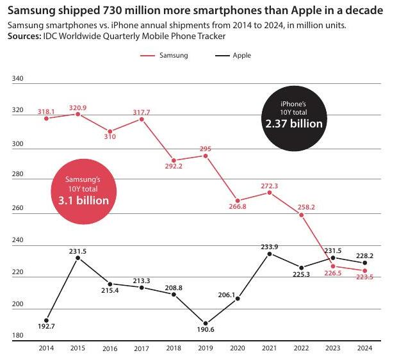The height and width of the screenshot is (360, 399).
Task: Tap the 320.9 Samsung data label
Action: [x=77, y=108]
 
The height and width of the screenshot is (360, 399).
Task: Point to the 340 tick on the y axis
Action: [x=18, y=79]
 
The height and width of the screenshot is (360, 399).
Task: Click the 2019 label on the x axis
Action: [x=206, y=348]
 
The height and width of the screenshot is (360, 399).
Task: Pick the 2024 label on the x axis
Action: [x=365, y=348]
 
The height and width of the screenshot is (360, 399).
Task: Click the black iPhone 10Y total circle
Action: [x=293, y=117]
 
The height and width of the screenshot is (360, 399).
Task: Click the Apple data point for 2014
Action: [x=46, y=320]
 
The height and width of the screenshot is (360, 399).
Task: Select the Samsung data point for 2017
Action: [x=142, y=119]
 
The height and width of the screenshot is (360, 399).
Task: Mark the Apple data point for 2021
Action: [x=270, y=254]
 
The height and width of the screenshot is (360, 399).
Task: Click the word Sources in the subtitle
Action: [x=24, y=37]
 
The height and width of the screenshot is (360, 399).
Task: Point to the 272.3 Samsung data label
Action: [x=270, y=186]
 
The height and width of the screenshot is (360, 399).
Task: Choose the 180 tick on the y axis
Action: [x=18, y=336]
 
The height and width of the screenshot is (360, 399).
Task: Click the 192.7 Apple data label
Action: [x=46, y=327]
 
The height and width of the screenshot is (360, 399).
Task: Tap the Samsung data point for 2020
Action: [x=238, y=200]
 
